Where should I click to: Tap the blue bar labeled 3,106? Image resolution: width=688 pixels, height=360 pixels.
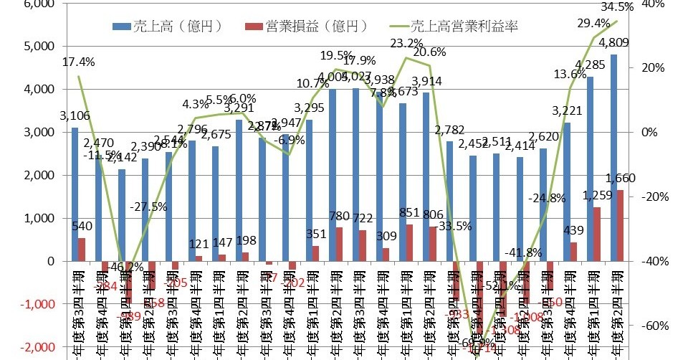(75, 194)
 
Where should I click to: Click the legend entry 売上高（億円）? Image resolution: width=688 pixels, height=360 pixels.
(168, 27)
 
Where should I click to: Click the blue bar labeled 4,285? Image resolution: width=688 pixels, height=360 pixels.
(590, 169)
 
